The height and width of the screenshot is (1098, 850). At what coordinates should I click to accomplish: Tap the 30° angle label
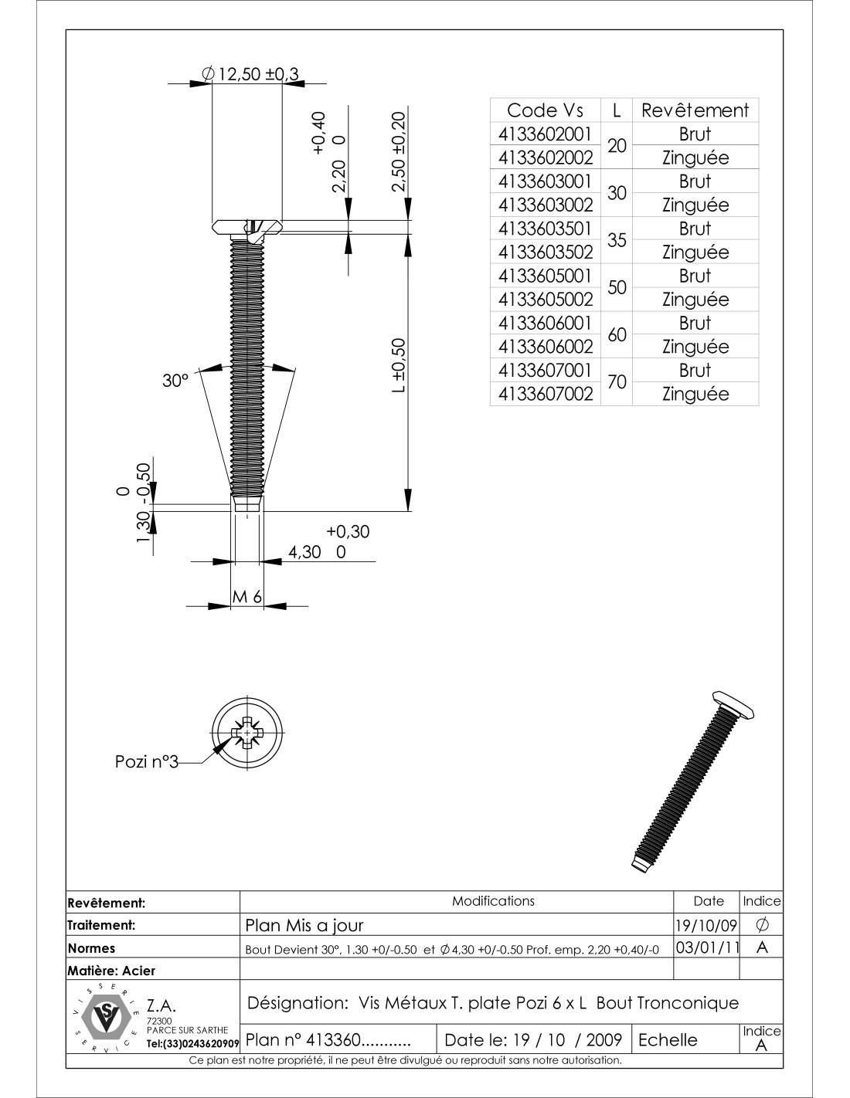175,380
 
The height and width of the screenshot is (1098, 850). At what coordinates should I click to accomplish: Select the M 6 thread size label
248,597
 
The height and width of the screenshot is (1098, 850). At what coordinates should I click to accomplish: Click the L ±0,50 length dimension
399,366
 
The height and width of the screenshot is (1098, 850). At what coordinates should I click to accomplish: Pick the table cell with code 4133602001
546,134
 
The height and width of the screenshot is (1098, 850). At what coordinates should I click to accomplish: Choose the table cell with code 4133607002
546,394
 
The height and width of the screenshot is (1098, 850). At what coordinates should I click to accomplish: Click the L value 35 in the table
617,240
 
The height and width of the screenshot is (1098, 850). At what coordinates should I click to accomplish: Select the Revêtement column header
695,110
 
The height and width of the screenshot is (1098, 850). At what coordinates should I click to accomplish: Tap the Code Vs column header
546,110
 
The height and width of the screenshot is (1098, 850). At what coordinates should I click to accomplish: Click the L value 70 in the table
617,381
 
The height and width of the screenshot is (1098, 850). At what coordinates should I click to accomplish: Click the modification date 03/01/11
705,947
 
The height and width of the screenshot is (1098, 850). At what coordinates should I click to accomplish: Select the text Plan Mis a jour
304,925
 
